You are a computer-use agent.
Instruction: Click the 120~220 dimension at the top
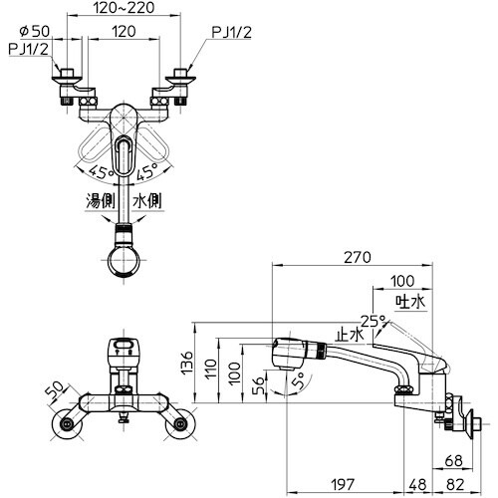124,7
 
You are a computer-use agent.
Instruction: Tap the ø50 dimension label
35,31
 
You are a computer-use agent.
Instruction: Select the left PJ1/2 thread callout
28,49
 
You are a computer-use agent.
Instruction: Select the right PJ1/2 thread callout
231,33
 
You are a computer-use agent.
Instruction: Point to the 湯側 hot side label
101,201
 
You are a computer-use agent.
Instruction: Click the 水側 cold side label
147,201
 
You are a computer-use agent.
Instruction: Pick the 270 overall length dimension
358,257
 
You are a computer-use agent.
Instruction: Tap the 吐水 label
410,302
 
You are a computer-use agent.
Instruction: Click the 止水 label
350,335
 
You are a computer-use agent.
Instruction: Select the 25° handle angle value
373,321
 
